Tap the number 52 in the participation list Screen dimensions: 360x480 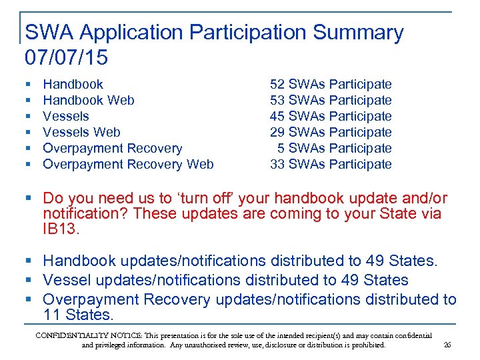277,84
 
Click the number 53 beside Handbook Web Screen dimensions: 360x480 277,100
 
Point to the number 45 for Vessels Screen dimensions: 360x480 277,116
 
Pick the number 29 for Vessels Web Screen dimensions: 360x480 277,132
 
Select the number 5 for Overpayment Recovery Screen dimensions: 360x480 281,148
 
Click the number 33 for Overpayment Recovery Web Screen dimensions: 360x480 277,164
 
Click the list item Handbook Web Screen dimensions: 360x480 88,100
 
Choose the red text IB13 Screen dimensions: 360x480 62,230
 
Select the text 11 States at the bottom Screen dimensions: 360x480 78,314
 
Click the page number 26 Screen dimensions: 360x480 447,345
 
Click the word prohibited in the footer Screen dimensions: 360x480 364,345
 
